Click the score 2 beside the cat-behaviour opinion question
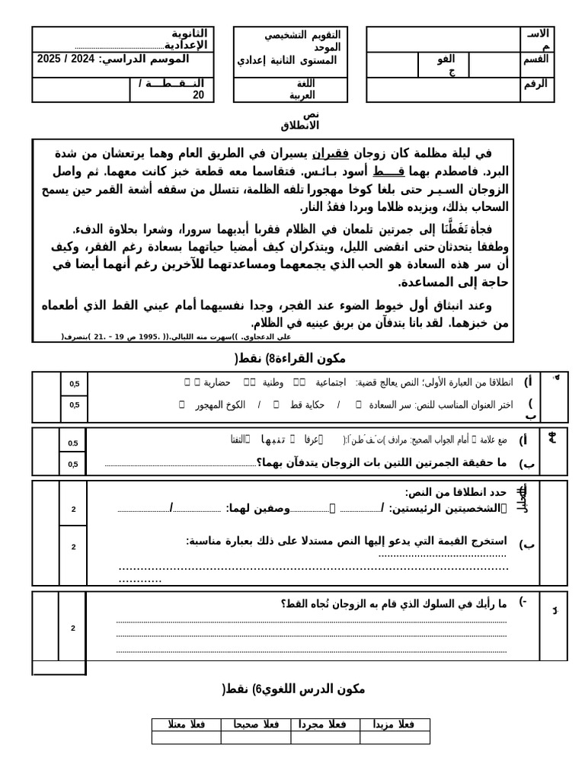(73, 628)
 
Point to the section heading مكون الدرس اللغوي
(293, 689)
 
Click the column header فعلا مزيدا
(394, 724)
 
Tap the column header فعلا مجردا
(324, 724)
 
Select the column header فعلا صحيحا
(256, 724)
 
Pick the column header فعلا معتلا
(187, 724)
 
